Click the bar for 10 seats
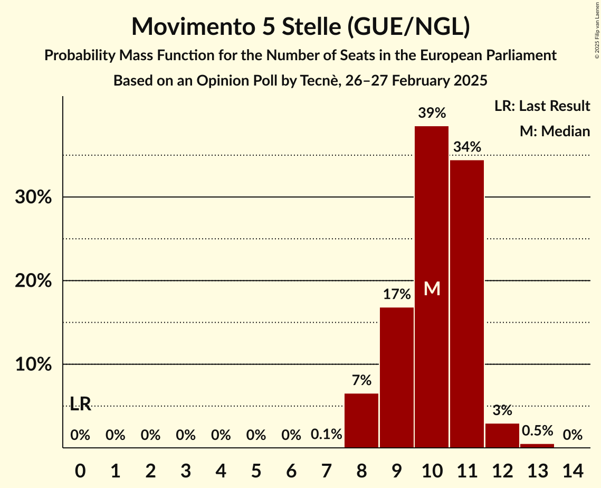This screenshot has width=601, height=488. (x=432, y=238)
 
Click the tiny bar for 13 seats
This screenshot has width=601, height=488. (x=537, y=446)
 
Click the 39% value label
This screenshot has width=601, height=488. (x=432, y=113)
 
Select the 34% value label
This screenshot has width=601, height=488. (x=467, y=147)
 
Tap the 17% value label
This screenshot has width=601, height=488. (x=397, y=294)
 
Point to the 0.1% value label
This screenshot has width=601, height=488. (x=326, y=435)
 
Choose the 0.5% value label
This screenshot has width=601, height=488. (x=537, y=430)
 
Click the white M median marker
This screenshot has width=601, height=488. (x=432, y=288)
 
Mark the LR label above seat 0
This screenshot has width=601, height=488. (x=80, y=405)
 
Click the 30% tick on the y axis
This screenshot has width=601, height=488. (x=33, y=198)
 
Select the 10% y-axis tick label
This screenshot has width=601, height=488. (x=33, y=365)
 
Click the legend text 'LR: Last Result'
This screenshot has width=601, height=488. (x=542, y=106)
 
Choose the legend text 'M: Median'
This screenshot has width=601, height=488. (x=555, y=131)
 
